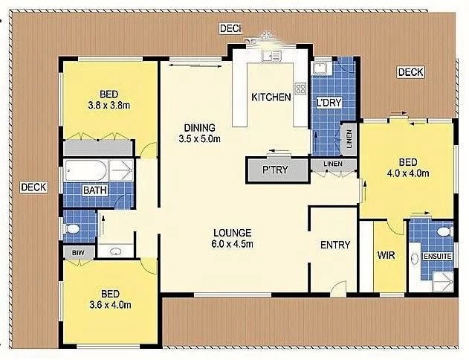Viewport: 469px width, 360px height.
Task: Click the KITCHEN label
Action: [271, 97]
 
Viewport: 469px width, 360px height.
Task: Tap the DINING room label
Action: [201, 126]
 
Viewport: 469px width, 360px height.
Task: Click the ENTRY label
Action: [335, 245]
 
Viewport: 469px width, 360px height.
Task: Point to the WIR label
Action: [386, 255]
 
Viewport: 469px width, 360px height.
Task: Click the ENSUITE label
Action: [436, 257]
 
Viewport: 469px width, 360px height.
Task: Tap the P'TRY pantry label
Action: [276, 170]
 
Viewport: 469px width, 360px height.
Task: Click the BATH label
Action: [95, 190]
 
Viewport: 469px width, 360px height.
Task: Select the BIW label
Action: [78, 253]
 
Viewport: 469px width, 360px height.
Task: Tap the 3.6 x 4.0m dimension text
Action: [109, 304]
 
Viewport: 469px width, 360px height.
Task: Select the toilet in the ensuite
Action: [443, 232]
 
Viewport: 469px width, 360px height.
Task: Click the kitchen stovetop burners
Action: [301, 89]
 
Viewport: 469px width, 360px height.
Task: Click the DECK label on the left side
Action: [34, 187]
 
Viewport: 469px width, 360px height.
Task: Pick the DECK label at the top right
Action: [410, 72]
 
